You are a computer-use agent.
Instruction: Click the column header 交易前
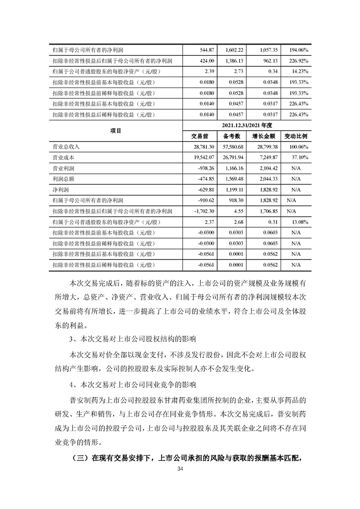[200, 136]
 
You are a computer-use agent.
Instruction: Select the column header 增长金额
[264, 136]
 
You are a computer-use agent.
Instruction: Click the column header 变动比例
[296, 136]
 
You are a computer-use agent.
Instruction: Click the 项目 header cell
[116, 130]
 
